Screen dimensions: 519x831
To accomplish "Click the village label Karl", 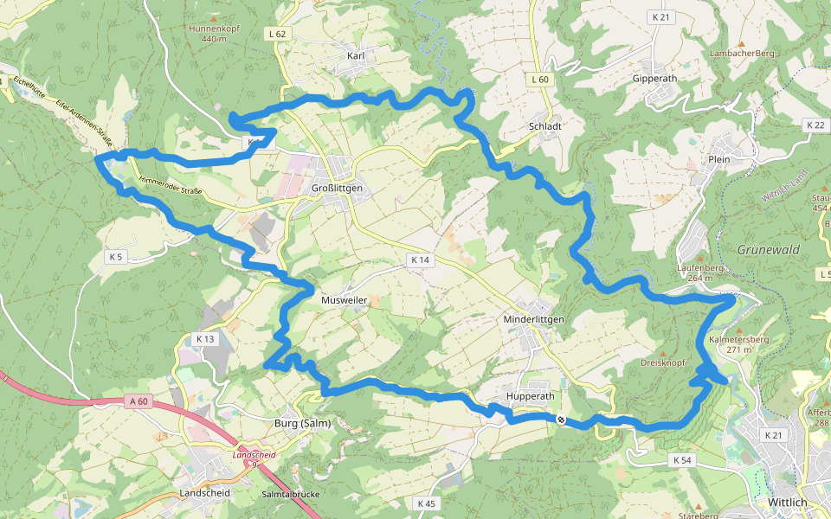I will pyautogui.click(x=355, y=56).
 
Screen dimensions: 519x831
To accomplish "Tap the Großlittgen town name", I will pyautogui.click(x=337, y=188).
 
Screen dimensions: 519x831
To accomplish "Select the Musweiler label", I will pyautogui.click(x=345, y=299).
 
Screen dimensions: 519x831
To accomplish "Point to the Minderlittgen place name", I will pyautogui.click(x=533, y=319).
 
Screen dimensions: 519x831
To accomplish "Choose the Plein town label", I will pyautogui.click(x=718, y=159).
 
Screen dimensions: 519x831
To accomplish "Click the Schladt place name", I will pyautogui.click(x=545, y=125).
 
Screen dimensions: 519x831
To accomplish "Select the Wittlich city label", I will pyautogui.click(x=788, y=502).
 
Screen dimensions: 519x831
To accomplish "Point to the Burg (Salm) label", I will pyautogui.click(x=297, y=423).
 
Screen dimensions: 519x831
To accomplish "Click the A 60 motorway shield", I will pyautogui.click(x=138, y=400).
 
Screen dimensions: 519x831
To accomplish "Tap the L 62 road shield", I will pyautogui.click(x=277, y=34).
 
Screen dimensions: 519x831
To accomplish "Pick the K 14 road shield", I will pyautogui.click(x=420, y=259).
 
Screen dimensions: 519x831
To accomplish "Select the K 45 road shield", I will pyautogui.click(x=426, y=503).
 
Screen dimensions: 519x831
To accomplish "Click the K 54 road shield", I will pyautogui.click(x=681, y=460).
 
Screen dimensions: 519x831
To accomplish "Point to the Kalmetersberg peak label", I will pyautogui.click(x=738, y=339).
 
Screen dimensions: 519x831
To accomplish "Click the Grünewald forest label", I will pyautogui.click(x=768, y=249).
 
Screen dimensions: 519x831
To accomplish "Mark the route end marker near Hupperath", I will pyautogui.click(x=561, y=420).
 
